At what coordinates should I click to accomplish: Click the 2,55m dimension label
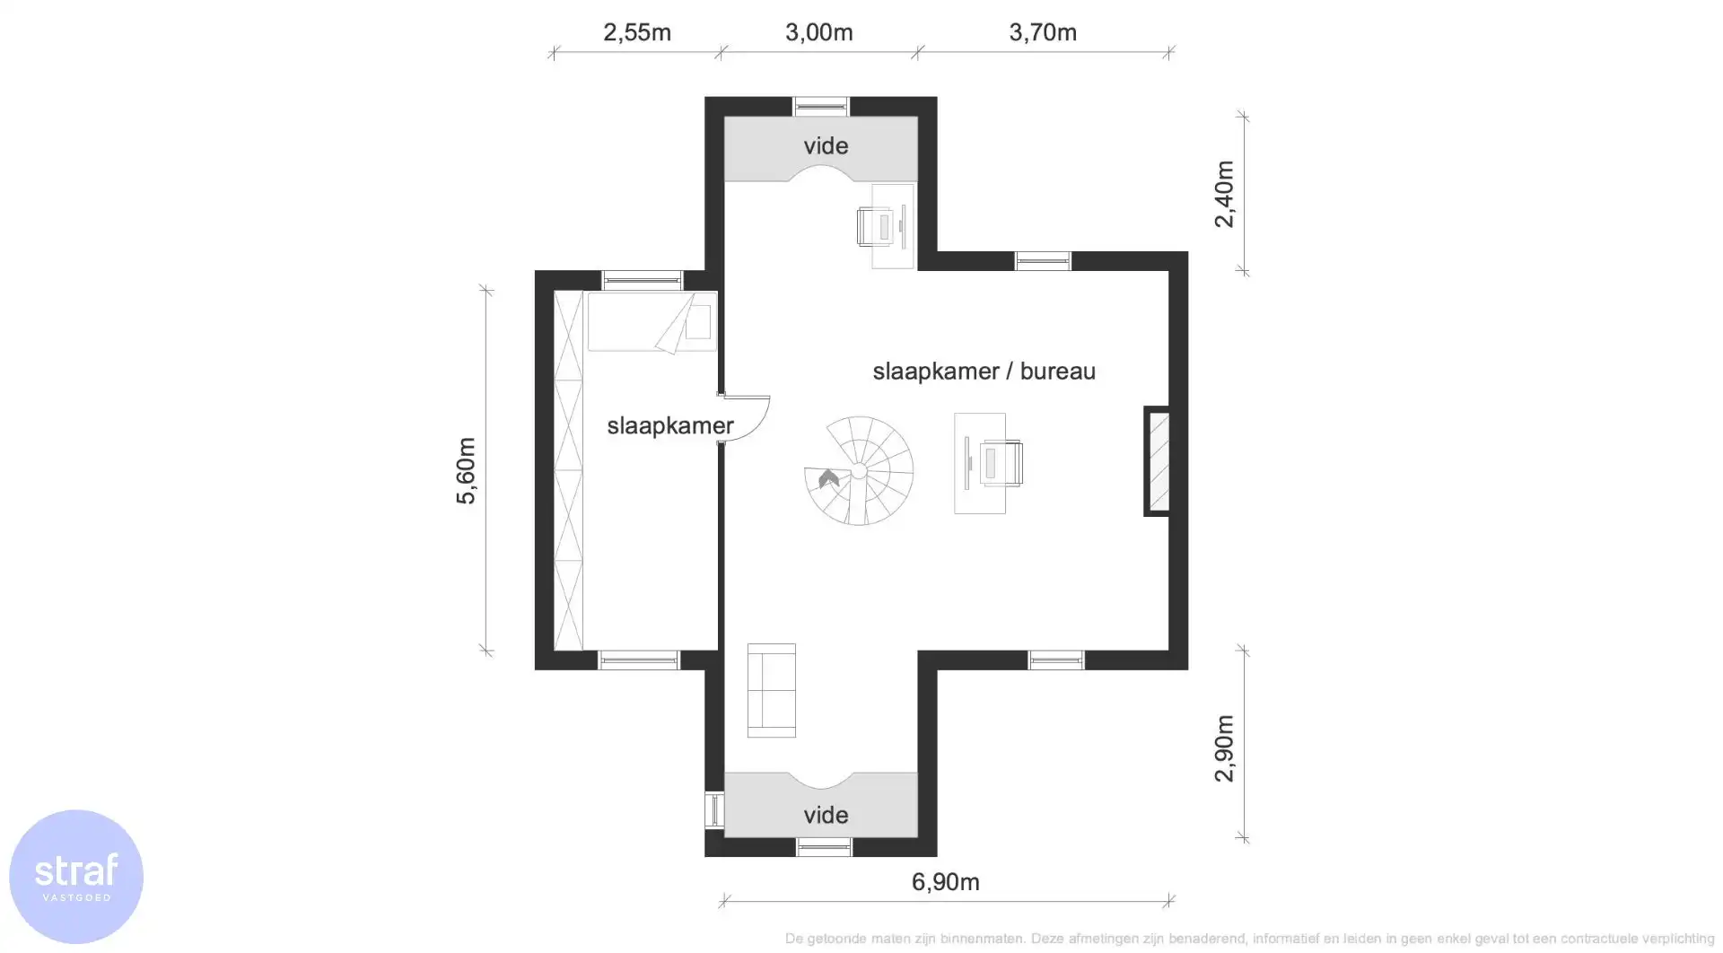[637, 32]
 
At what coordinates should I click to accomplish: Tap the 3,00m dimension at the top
[818, 32]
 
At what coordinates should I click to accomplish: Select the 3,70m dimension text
[1042, 32]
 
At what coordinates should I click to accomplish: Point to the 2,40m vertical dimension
[1224, 194]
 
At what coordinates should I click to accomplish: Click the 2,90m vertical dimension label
[1224, 748]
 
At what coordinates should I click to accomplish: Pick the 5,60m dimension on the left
[466, 471]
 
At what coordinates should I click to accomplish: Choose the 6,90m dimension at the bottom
[945, 882]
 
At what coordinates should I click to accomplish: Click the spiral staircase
[859, 470]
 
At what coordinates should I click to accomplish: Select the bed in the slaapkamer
[652, 321]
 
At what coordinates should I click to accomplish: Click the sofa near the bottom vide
[771, 690]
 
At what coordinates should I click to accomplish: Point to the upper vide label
[826, 145]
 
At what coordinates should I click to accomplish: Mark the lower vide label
[826, 815]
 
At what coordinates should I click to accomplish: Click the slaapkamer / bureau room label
[984, 372]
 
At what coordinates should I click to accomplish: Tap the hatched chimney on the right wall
[1159, 461]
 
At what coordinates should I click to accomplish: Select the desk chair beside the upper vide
[876, 226]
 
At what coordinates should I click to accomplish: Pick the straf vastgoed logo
[76, 876]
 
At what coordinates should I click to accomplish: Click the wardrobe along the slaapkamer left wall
[568, 470]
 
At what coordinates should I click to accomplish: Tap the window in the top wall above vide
[820, 107]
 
